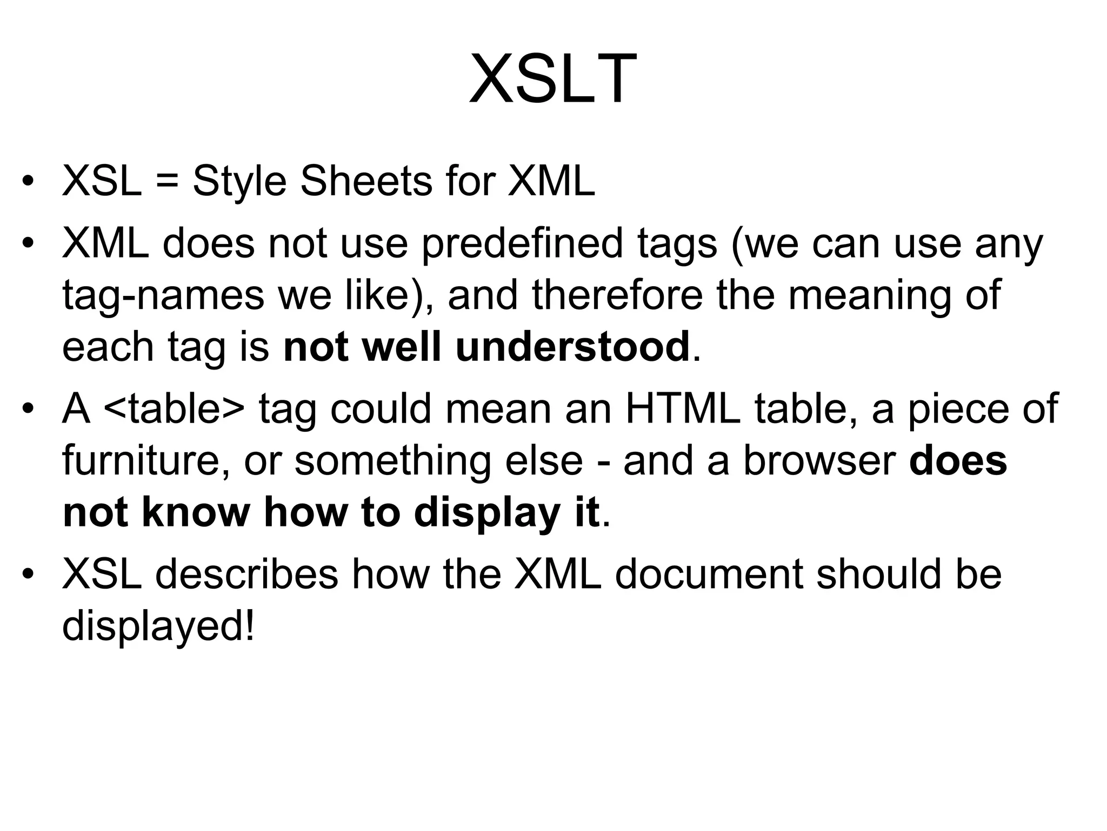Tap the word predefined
tap(522, 243)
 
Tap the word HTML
tap(683, 408)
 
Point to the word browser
tap(819, 460)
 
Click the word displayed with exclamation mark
tap(158, 626)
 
